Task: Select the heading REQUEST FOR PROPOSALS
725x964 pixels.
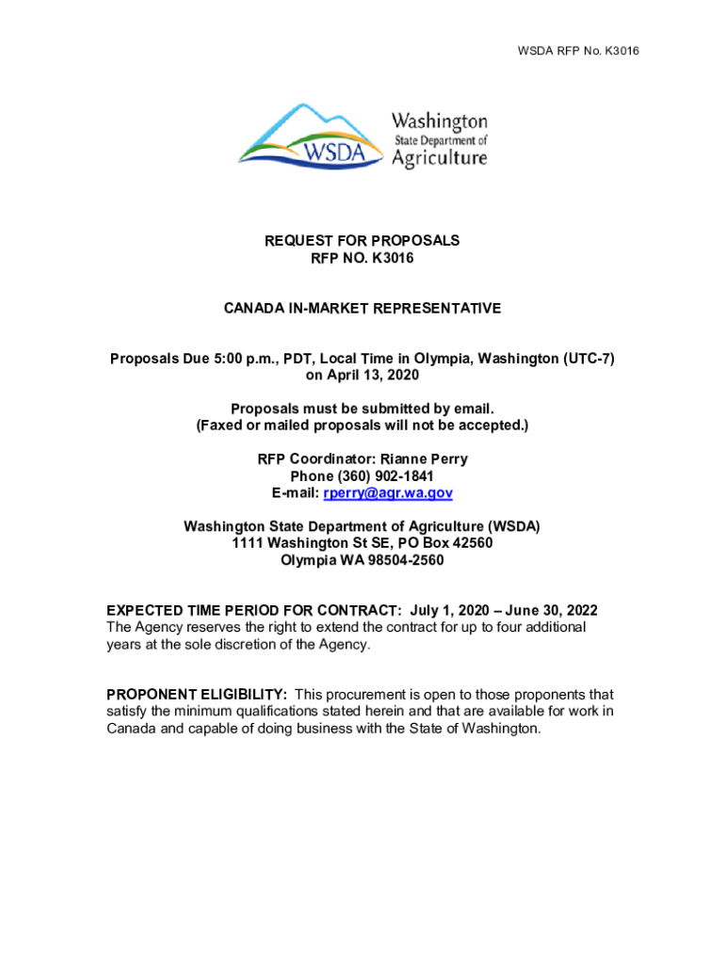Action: coord(362,241)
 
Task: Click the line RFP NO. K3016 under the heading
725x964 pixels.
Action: coord(362,258)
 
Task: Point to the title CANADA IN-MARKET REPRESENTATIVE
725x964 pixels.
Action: coord(362,309)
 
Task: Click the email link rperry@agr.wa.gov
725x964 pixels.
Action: coord(389,493)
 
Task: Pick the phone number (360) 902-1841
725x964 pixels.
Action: coord(384,476)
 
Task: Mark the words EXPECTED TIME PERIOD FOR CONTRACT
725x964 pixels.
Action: coord(253,611)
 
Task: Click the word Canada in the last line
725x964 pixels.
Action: coord(130,729)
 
